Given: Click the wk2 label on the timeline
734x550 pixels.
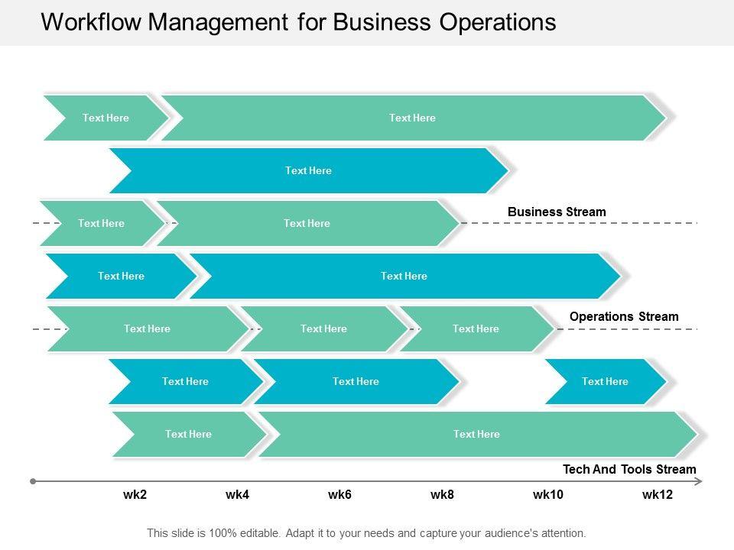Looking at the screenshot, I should point(135,495).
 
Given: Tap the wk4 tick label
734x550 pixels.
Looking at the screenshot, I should point(237,495).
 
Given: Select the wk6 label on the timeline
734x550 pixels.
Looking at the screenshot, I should point(339,495).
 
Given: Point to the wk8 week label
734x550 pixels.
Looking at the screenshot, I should point(442,495).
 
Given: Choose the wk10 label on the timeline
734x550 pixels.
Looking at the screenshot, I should point(547,495).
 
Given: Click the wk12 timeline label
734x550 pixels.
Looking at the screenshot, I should point(657,495).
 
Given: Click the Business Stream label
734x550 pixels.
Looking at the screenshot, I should point(557,212).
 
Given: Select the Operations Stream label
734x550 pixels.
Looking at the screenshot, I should point(624,316).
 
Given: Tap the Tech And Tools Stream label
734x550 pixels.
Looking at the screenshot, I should point(629,469).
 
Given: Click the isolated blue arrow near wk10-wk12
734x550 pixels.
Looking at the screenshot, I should point(605,381).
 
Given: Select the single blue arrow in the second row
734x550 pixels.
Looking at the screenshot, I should point(308,170).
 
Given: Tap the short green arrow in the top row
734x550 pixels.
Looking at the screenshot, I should point(106,118).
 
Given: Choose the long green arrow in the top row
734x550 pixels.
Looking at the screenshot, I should point(412,118).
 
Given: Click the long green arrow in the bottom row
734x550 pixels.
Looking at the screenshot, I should point(476,434).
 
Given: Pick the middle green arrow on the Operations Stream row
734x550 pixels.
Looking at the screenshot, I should point(323,328).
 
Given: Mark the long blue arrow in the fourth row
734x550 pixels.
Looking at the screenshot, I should point(404,276).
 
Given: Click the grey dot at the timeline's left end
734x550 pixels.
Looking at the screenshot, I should point(33,481).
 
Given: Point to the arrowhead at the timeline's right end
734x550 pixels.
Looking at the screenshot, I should point(699,481).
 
